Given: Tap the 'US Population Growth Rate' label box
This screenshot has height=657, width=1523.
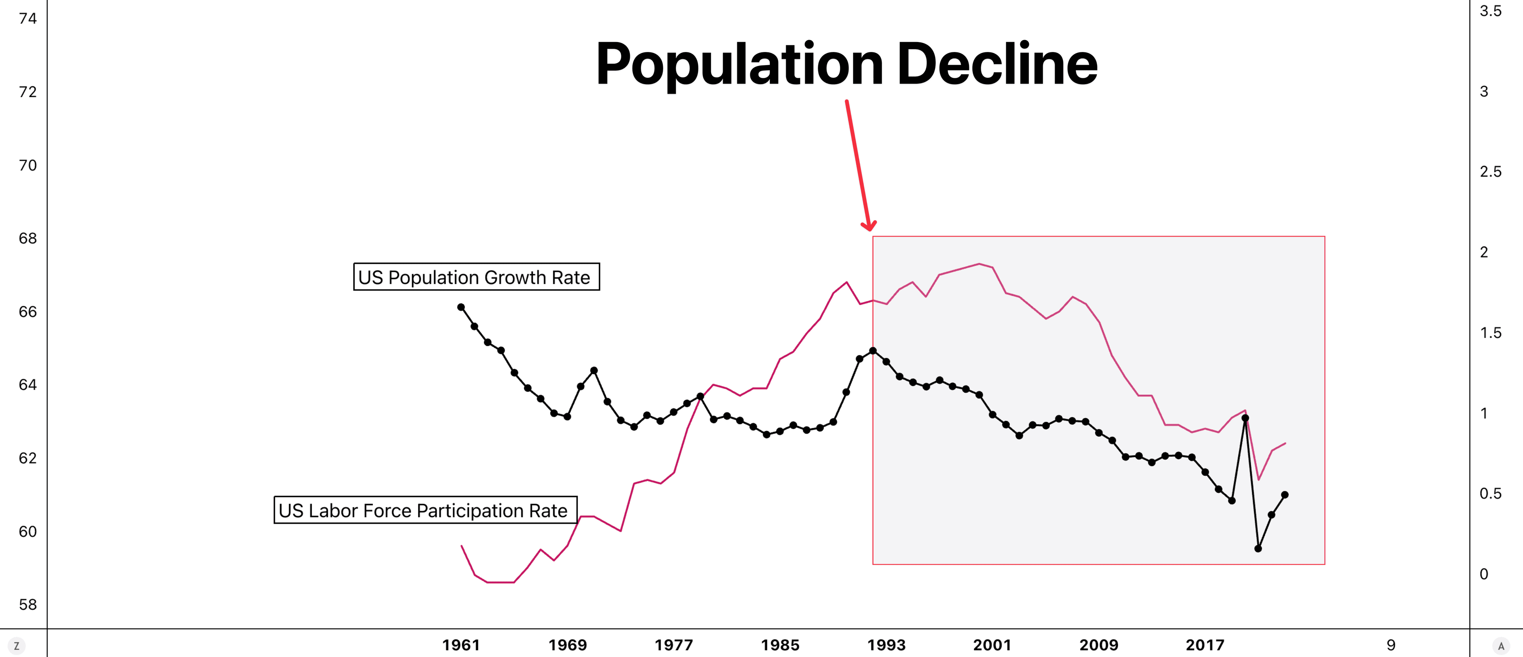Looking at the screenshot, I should pyautogui.click(x=476, y=277).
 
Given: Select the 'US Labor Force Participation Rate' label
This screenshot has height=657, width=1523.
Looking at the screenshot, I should pyautogui.click(x=425, y=510).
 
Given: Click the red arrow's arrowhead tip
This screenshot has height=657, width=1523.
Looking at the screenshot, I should pyautogui.click(x=870, y=229).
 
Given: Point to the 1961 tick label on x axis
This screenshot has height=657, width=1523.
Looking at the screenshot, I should pyautogui.click(x=460, y=645).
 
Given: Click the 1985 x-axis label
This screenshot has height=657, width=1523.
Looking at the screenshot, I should pyautogui.click(x=780, y=645).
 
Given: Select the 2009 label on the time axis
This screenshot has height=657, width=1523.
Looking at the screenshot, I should pyautogui.click(x=1099, y=645).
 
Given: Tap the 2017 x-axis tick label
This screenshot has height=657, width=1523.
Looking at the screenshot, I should pyautogui.click(x=1205, y=645).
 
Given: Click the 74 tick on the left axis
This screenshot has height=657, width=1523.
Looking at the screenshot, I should pyautogui.click(x=28, y=18).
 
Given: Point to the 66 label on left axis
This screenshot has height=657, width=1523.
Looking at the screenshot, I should pyautogui.click(x=28, y=312).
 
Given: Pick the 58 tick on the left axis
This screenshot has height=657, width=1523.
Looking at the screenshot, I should pyautogui.click(x=28, y=604).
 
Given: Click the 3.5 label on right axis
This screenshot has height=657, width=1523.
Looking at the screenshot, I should pyautogui.click(x=1490, y=11).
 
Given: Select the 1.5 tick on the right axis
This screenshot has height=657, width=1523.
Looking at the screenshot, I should pyautogui.click(x=1490, y=332).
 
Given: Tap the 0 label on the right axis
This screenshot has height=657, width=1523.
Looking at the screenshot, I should pyautogui.click(x=1483, y=574).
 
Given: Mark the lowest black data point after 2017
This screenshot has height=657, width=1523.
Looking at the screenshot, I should pyautogui.click(x=1258, y=549).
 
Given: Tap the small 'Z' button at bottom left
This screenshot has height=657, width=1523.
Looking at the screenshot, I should pyautogui.click(x=17, y=646).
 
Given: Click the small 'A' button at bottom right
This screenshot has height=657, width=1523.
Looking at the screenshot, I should pyautogui.click(x=1500, y=646).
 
